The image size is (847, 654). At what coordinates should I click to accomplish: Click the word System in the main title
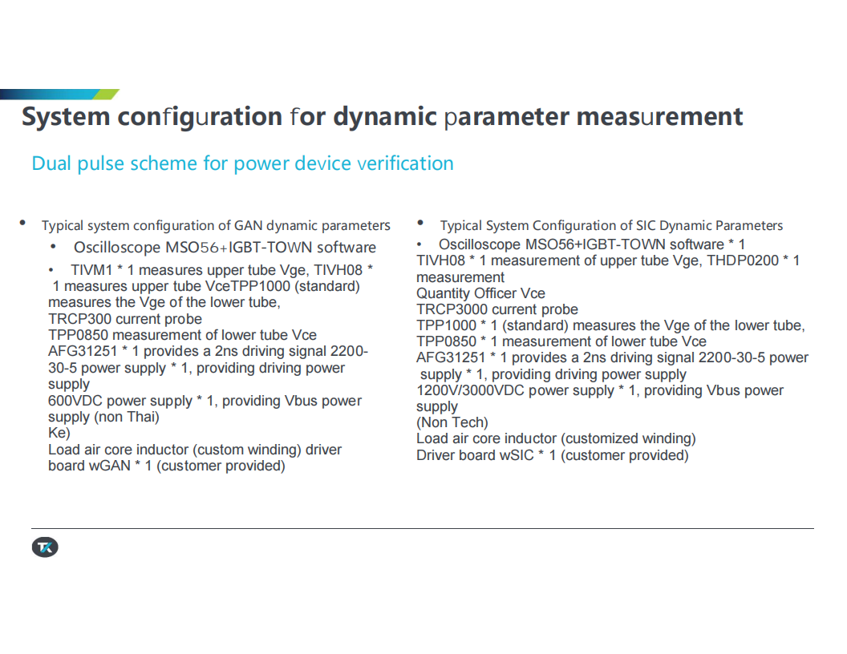click(66, 117)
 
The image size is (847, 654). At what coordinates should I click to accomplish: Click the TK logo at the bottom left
click(45, 547)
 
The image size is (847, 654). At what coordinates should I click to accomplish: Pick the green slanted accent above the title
click(106, 95)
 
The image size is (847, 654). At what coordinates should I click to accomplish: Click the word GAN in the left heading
click(248, 225)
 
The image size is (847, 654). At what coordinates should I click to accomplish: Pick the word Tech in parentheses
click(468, 422)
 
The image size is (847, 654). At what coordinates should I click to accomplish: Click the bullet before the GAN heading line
click(22, 222)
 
